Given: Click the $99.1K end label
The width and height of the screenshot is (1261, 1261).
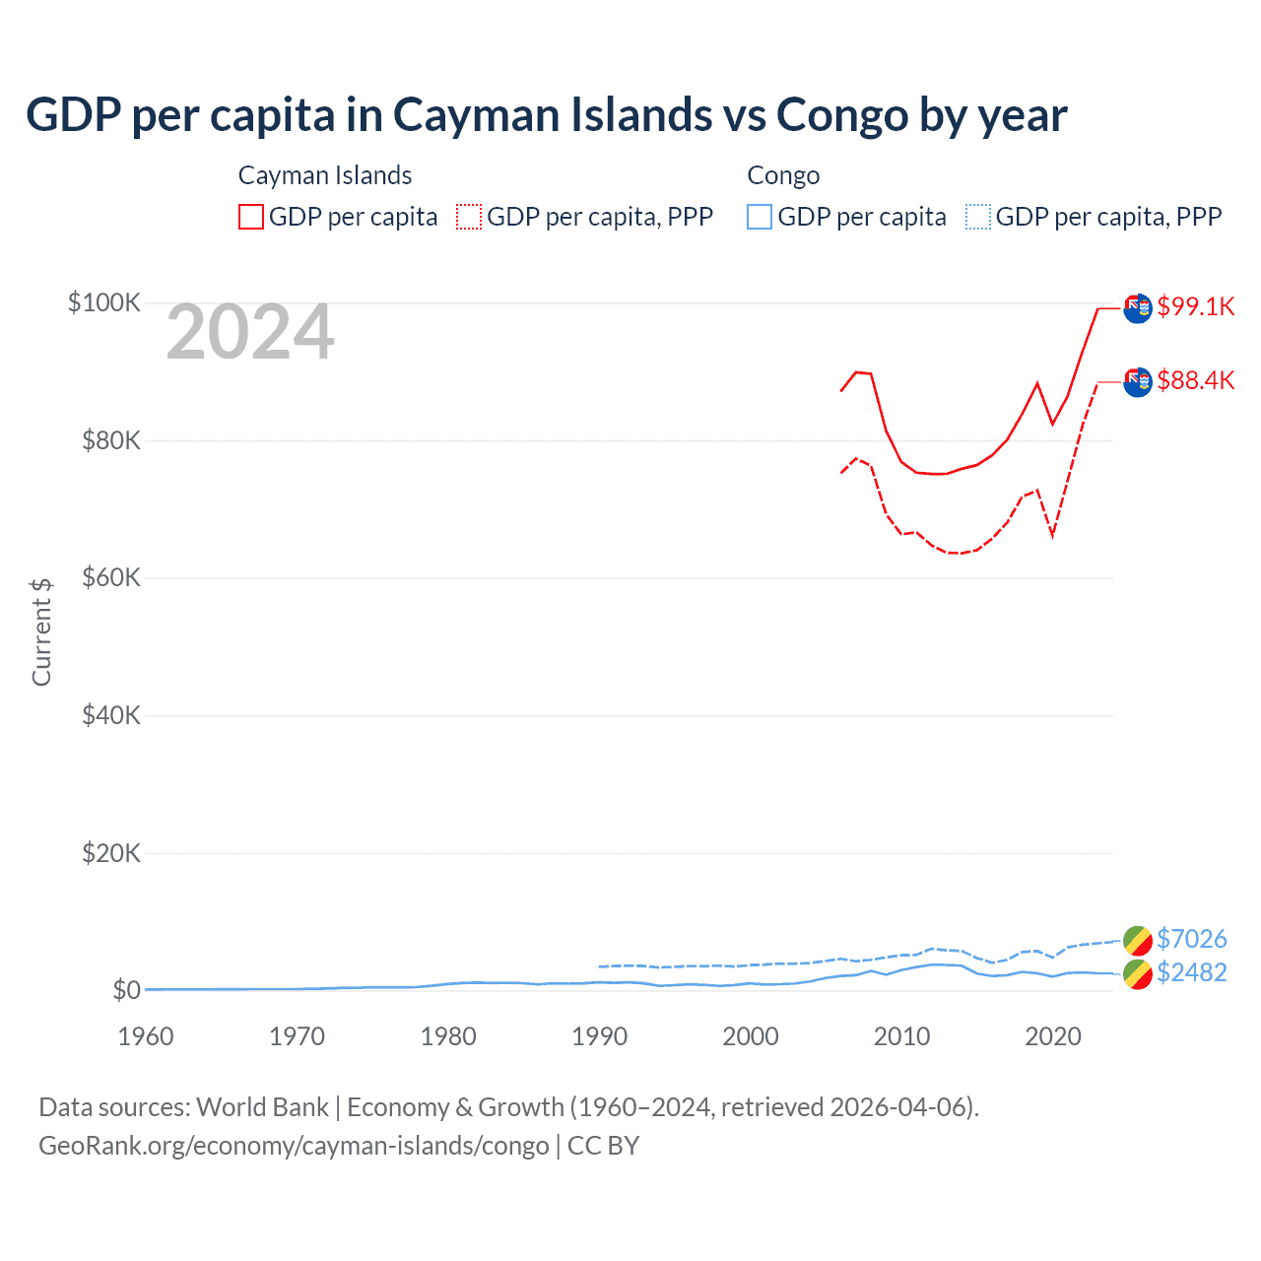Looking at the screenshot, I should pyautogui.click(x=1195, y=306).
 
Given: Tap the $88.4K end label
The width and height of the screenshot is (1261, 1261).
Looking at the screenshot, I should pyautogui.click(x=1195, y=380).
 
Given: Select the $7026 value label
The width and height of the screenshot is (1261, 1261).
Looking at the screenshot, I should pyautogui.click(x=1191, y=939).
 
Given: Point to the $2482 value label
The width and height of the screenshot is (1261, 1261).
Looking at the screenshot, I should pyautogui.click(x=1191, y=972).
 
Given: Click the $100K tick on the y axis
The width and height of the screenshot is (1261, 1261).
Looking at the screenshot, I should pyautogui.click(x=104, y=302).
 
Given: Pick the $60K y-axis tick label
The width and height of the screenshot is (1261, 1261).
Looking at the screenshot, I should pyautogui.click(x=110, y=577).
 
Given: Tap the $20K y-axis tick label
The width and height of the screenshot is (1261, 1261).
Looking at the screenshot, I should pyautogui.click(x=110, y=853).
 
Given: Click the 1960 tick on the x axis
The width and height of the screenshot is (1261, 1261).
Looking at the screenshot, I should pyautogui.click(x=146, y=1036).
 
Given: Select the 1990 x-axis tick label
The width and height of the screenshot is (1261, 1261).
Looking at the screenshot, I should pyautogui.click(x=599, y=1036).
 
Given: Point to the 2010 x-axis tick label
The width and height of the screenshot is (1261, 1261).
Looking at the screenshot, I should pyautogui.click(x=901, y=1036).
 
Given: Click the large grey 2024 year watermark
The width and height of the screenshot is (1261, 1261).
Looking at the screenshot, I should pyautogui.click(x=250, y=333).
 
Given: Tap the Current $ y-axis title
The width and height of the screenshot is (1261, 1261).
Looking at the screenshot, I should pyautogui.click(x=41, y=632).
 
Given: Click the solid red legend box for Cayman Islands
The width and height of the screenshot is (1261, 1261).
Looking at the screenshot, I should pyautogui.click(x=251, y=217).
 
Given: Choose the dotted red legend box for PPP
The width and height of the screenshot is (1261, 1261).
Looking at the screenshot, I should pyautogui.click(x=469, y=217).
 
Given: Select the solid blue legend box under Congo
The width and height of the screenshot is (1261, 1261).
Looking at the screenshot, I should pyautogui.click(x=760, y=217).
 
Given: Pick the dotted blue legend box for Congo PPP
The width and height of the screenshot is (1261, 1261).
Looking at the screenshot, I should pyautogui.click(x=977, y=217).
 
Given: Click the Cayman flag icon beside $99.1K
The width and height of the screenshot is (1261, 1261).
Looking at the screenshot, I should pyautogui.click(x=1138, y=307).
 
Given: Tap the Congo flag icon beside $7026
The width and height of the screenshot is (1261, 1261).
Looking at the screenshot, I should pyautogui.click(x=1137, y=940).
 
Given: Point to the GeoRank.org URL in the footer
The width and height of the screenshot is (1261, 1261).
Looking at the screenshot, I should pyautogui.click(x=294, y=1146).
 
